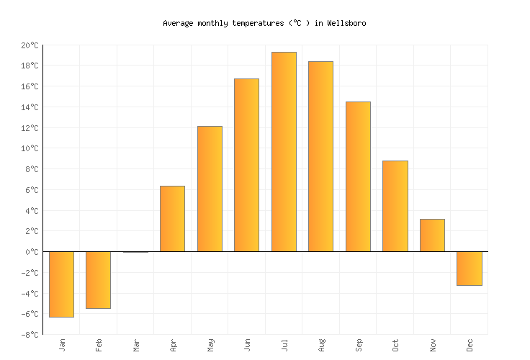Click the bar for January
pos(61,284)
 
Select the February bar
pos(98,279)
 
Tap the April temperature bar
pos(172,219)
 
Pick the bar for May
pos(210,189)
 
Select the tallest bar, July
pos(284,151)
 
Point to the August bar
pos(320,156)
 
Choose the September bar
pos(358,176)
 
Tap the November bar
pos(432,235)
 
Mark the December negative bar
pos(470,269)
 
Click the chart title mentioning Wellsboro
pos(264,23)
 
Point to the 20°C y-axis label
pos(30,45)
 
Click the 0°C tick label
pos(32,252)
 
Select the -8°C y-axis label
pos(30,335)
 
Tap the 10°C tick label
pos(30,148)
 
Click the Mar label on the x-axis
pos(136,345)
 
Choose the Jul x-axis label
pos(284,345)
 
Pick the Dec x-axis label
pos(470,345)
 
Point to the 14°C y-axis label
pos(30,107)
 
